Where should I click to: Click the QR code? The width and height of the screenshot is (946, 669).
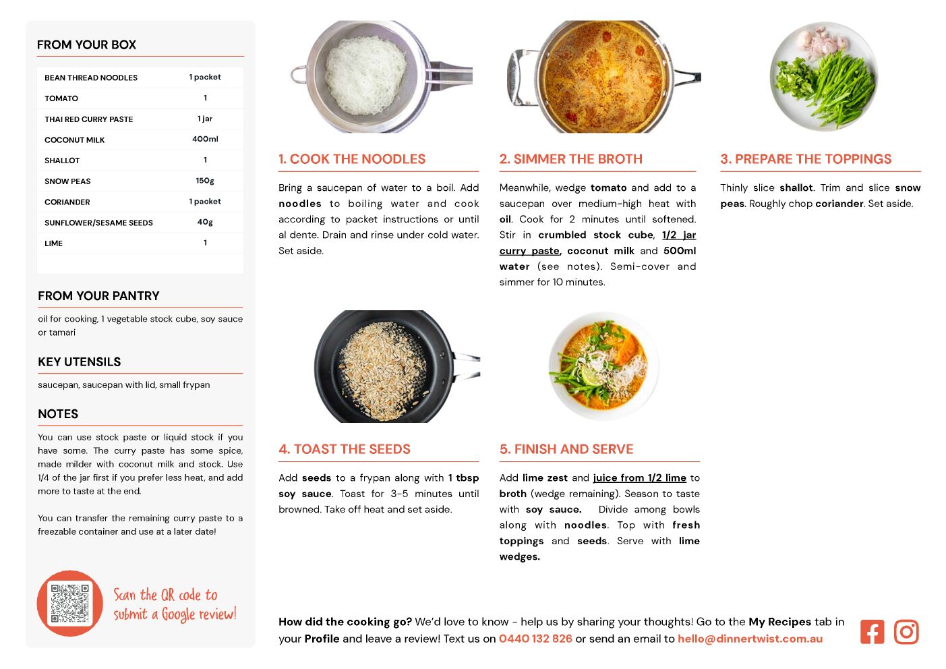click(69, 603)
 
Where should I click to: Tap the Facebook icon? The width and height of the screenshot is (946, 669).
click(872, 632)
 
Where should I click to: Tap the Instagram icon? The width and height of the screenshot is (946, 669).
click(906, 632)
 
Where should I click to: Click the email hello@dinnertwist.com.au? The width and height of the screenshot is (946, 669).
click(750, 639)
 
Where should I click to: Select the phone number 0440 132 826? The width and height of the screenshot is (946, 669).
click(535, 639)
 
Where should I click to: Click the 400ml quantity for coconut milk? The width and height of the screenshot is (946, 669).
click(205, 139)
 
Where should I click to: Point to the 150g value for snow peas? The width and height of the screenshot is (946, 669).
click(205, 181)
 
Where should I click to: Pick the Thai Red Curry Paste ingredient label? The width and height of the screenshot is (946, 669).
click(89, 119)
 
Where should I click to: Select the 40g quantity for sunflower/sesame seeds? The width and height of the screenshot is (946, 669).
click(205, 222)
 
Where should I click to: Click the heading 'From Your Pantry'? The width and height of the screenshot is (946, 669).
click(99, 295)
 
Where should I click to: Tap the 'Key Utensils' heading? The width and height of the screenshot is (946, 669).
click(80, 362)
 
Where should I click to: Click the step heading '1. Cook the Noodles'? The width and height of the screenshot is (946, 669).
click(352, 158)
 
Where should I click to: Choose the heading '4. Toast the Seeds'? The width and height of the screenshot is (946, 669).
click(345, 449)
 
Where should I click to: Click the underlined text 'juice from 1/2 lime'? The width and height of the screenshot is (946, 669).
click(639, 478)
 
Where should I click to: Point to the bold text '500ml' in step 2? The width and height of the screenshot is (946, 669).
click(680, 251)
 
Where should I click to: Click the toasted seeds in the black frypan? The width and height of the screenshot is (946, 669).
click(382, 371)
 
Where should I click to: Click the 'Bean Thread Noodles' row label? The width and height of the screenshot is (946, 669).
click(91, 78)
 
